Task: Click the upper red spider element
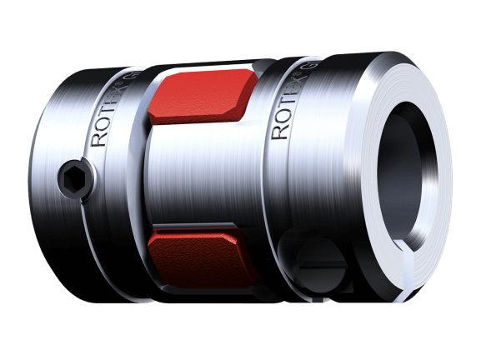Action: coord(196,95)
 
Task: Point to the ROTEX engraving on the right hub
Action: coord(285,107)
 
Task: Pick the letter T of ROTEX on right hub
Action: coord(284,108)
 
